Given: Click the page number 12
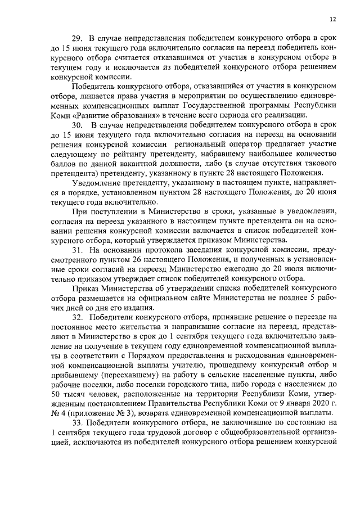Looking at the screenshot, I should (x=333, y=18).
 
